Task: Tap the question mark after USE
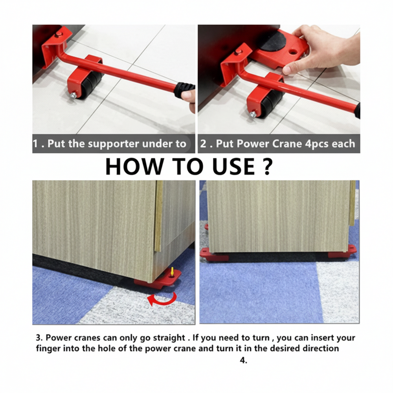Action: pyautogui.click(x=266, y=166)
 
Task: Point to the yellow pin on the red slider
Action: pyautogui.click(x=173, y=271)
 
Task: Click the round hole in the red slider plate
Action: pyautogui.click(x=294, y=51)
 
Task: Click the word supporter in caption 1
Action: pyautogui.click(x=110, y=144)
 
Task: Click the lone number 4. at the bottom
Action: pyautogui.click(x=244, y=360)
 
